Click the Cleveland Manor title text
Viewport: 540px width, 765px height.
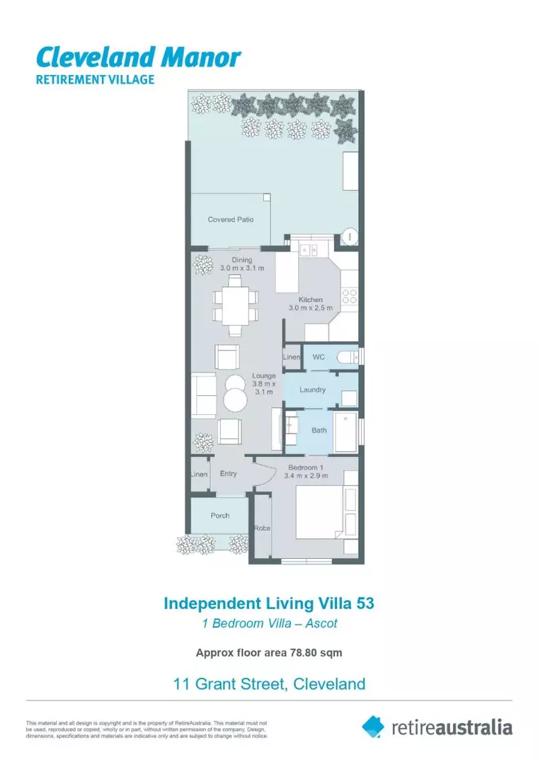[138, 57]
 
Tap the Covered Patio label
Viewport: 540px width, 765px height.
[230, 220]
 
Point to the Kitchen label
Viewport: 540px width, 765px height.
[310, 300]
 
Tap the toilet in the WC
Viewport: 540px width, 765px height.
[347, 357]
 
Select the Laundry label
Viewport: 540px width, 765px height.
[312, 390]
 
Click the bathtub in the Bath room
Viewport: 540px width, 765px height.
[345, 431]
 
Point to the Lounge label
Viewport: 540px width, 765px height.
[263, 375]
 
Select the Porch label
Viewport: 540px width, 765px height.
[220, 515]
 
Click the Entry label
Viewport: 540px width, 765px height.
[228, 473]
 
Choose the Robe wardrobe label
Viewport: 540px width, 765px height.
[262, 528]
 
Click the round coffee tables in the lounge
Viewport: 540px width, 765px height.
[234, 394]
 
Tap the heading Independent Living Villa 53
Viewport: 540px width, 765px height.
[269, 603]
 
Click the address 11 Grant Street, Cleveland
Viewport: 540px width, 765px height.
[269, 684]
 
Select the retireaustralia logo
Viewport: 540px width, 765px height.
[437, 726]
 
